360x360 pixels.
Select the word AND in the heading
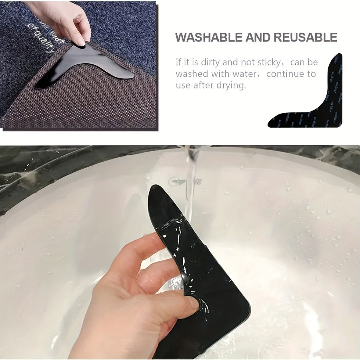coord(258,38)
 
